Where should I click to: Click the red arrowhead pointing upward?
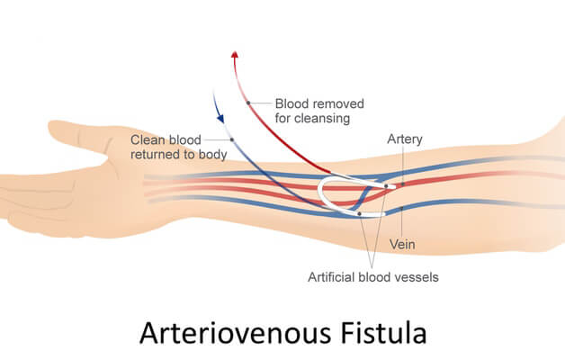[x=235, y=55]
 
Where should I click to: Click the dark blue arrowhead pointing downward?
[x=219, y=114]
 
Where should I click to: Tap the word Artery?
[x=404, y=139]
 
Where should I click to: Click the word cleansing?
[x=311, y=118]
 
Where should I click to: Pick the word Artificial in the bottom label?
[x=333, y=277]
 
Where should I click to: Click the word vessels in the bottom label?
[x=417, y=277]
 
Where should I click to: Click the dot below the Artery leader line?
[x=403, y=184]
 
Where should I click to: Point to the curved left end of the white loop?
[x=322, y=190]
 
